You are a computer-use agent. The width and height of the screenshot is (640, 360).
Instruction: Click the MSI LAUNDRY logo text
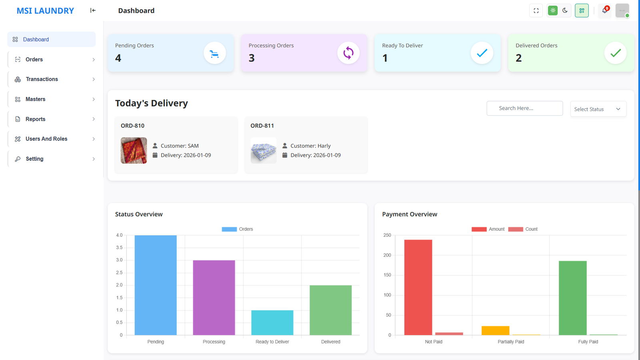pos(45,11)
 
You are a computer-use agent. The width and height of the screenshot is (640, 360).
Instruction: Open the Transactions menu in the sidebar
pos(42,79)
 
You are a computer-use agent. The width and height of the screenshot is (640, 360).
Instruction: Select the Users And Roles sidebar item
pos(46,139)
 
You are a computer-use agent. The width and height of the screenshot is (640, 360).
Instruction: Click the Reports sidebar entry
pos(35,119)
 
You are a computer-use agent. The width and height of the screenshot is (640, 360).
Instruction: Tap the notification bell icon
pos(604,11)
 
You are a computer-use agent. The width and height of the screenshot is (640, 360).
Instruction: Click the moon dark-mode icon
pos(565,11)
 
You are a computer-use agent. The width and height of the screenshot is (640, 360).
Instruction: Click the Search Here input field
pos(524,108)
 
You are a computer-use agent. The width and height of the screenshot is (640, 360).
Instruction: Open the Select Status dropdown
pos(598,109)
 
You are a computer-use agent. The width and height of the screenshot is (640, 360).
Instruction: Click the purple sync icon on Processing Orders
pos(348,53)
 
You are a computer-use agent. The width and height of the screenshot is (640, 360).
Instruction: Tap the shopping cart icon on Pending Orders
pos(214,53)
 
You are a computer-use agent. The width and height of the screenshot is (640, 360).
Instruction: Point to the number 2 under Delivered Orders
pos(518,58)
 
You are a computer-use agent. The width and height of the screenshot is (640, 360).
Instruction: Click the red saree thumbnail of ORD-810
pos(134,150)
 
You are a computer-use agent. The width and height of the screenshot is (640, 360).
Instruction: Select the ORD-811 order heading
pos(262,126)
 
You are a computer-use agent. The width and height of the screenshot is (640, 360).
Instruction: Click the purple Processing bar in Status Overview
pos(214,298)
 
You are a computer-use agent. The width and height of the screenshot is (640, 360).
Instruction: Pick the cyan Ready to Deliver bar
pos(272,322)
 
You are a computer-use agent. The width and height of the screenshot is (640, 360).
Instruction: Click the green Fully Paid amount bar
pos(572,298)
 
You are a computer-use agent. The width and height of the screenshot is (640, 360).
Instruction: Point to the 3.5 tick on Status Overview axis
pos(119,248)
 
